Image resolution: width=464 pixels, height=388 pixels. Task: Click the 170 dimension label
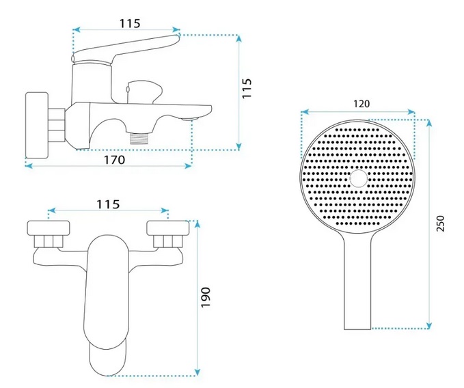pyautogui.click(x=115, y=160)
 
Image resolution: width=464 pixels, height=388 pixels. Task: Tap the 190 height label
pyautogui.click(x=206, y=297)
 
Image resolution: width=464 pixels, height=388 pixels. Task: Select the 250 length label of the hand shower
pyautogui.click(x=441, y=223)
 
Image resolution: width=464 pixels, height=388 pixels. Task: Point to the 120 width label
pyautogui.click(x=361, y=104)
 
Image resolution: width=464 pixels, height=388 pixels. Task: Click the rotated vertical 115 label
pyautogui.click(x=247, y=88)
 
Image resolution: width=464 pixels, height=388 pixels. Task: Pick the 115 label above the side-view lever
pyautogui.click(x=130, y=24)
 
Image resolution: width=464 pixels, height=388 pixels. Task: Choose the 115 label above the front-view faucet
pyautogui.click(x=108, y=204)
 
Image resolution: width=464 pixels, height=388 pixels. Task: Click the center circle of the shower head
pyautogui.click(x=359, y=178)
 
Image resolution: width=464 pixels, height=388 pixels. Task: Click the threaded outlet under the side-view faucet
pyautogui.click(x=139, y=138)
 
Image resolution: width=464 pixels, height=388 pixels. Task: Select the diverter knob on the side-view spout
pyautogui.click(x=144, y=92)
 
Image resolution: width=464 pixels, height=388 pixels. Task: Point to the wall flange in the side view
pyautogui.click(x=37, y=126)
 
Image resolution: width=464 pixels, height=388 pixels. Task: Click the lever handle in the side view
pyautogui.click(x=126, y=48)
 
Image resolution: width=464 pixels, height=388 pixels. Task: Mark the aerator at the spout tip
pyautogui.click(x=190, y=119)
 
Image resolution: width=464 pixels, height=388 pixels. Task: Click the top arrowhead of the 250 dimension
pyautogui.click(x=429, y=122)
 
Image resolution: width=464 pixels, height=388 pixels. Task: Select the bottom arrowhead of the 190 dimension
pyautogui.click(x=197, y=372)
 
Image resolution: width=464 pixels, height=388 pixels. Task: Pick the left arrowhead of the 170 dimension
pyautogui.click(x=29, y=166)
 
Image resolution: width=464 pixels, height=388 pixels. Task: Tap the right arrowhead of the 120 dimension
pyautogui.click(x=411, y=112)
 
